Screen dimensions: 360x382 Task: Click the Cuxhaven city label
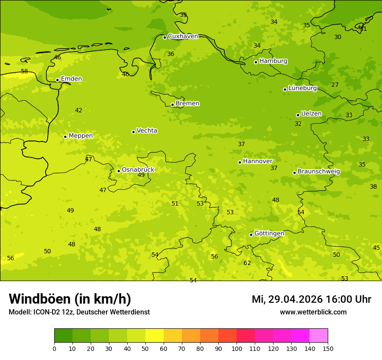(183, 36)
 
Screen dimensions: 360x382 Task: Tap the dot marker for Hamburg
(256, 62)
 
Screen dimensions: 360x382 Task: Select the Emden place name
(71, 79)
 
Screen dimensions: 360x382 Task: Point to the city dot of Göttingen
(251, 235)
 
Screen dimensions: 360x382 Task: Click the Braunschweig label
(319, 172)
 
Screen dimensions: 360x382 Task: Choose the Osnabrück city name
(138, 170)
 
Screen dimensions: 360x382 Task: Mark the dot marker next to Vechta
(133, 132)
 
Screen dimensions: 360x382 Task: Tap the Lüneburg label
(303, 88)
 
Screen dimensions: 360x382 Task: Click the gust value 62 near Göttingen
(247, 263)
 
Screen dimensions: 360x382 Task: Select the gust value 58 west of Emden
(24, 72)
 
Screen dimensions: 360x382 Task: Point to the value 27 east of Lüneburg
(335, 85)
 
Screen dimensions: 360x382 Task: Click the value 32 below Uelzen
(298, 124)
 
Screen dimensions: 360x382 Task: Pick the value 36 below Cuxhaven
(171, 54)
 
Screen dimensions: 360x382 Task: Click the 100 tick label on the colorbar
(237, 348)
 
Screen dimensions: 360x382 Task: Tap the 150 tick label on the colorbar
(328, 348)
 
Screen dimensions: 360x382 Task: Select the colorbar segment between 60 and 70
(173, 336)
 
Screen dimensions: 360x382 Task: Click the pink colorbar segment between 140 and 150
(319, 336)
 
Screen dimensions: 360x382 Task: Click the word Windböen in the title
(40, 299)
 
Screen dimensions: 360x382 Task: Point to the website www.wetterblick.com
(313, 312)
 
